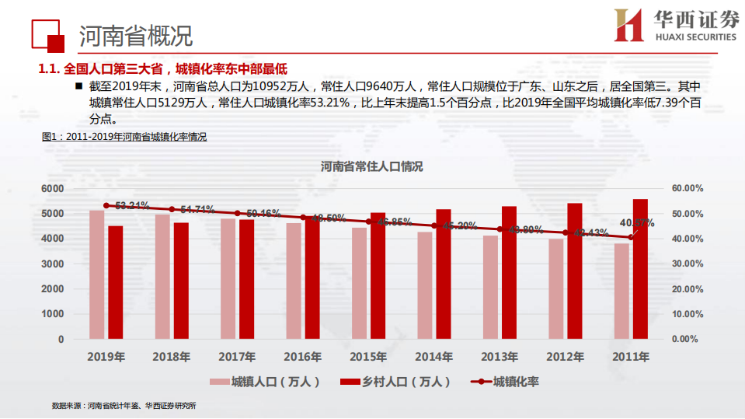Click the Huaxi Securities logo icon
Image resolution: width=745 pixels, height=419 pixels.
tap(628, 25)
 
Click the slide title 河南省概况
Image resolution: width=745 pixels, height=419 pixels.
tap(136, 35)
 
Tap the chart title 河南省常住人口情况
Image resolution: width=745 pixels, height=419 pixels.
tap(372, 166)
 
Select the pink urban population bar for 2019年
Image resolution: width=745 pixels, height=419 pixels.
tap(96, 274)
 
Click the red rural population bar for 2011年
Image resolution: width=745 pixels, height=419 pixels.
tap(640, 269)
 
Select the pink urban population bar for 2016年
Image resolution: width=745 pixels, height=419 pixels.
tap(294, 281)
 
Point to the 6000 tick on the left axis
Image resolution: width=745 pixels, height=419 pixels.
tap(52, 189)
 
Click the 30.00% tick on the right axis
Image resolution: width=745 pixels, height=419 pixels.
tap(687, 264)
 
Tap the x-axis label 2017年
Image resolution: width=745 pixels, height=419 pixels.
tap(238, 357)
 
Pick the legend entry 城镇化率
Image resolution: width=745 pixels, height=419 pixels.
tap(516, 382)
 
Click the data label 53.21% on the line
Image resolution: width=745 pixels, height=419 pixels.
tap(132, 206)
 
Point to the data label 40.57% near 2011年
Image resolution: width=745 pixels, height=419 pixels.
tap(637, 223)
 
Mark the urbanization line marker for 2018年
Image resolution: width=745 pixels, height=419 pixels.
tap(172, 209)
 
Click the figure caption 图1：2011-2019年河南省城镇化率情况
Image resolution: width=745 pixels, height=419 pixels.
tap(124, 137)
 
